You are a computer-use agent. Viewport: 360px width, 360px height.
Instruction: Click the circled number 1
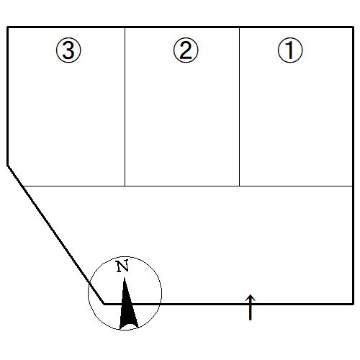[x=290, y=50]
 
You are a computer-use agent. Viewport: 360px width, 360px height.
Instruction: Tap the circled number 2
[x=186, y=50]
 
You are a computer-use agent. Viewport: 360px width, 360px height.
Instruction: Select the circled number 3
[x=68, y=50]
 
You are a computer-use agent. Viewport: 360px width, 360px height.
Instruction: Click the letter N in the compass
[x=122, y=266]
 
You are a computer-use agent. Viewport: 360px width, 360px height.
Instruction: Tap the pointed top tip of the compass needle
[x=124, y=278]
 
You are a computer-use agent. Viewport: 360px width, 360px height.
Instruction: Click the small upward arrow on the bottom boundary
[x=251, y=307]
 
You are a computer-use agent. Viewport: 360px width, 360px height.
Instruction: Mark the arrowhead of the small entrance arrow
[x=251, y=297]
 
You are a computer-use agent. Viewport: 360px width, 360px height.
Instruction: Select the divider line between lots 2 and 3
[x=125, y=107]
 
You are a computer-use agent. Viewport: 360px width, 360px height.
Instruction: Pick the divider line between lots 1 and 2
[x=239, y=107]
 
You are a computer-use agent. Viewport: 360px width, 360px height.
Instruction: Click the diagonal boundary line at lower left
[x=56, y=235]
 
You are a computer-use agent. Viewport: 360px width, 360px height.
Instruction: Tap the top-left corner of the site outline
[x=8, y=27]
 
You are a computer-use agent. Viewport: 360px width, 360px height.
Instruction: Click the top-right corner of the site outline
[x=354, y=27]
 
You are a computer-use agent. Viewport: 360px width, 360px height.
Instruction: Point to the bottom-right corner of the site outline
[x=354, y=304]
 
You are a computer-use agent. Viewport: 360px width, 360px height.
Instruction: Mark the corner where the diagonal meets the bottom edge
[x=104, y=304]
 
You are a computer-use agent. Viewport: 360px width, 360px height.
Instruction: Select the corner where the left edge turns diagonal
[x=8, y=166]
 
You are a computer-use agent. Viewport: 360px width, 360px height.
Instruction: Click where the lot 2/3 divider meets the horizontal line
[x=125, y=186]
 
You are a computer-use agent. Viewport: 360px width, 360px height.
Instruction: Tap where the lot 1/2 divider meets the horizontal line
[x=239, y=186]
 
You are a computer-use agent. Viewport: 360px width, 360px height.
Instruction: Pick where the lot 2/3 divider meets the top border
[x=125, y=27]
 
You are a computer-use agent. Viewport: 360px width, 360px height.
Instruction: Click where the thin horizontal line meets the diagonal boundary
[x=22, y=186]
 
